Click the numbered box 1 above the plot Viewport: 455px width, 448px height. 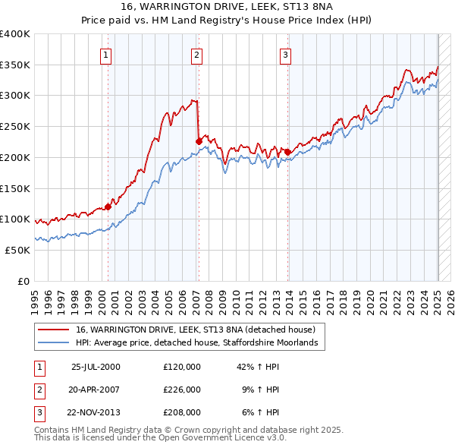(105, 55)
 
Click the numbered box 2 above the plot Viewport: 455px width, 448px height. (196, 55)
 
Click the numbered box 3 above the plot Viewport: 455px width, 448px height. (285, 55)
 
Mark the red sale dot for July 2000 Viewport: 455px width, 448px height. (108, 206)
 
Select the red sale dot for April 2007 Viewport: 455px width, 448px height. (199, 140)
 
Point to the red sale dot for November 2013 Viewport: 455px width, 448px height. (287, 152)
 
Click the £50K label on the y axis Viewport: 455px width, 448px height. (18, 250)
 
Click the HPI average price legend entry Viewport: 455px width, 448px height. (200, 343)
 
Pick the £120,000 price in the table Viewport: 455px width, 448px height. (181, 366)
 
